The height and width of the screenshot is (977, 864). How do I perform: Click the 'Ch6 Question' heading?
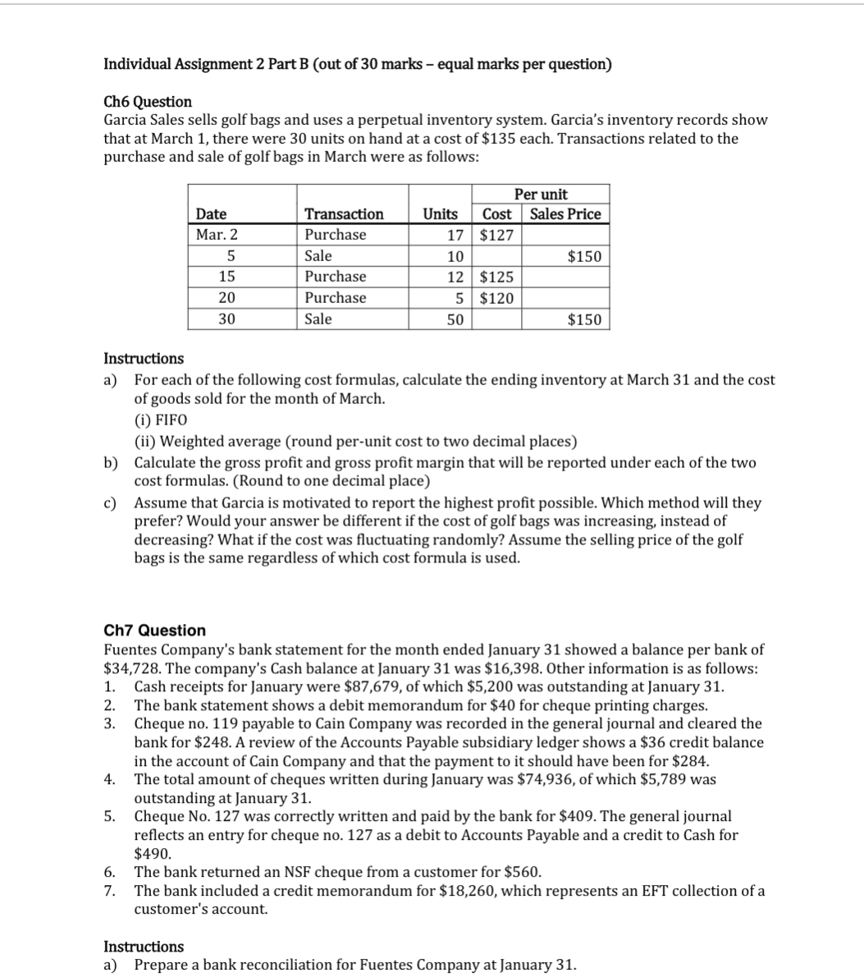click(x=148, y=102)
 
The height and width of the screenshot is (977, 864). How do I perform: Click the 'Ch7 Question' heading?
click(x=155, y=631)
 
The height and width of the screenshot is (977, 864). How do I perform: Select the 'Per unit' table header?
click(x=540, y=195)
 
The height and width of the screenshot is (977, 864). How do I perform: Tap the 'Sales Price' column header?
click(x=565, y=214)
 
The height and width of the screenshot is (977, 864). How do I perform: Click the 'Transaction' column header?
click(x=344, y=214)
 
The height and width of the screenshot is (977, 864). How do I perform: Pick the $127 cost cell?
click(x=496, y=235)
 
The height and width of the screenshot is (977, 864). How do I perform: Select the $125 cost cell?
click(x=496, y=277)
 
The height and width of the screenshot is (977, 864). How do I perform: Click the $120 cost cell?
click(x=496, y=298)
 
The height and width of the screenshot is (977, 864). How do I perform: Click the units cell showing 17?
click(x=458, y=235)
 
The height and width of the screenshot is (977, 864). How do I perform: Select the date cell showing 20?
click(x=227, y=298)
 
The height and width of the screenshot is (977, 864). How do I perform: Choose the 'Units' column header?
click(x=440, y=214)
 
